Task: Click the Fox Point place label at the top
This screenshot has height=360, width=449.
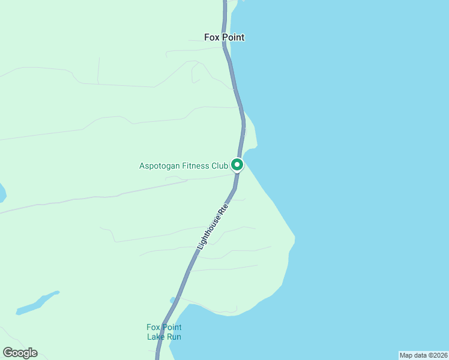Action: [x=224, y=37]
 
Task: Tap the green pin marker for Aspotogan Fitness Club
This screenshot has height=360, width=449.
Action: [x=237, y=164]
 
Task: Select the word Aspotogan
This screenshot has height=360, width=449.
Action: [x=160, y=166]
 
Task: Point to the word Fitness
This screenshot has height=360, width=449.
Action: [x=196, y=166]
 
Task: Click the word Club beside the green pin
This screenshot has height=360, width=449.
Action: [x=220, y=166]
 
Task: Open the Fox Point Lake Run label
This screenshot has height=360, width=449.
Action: [x=164, y=332]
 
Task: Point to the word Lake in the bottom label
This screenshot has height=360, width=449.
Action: [x=156, y=337]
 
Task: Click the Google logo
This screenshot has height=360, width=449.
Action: [x=20, y=353]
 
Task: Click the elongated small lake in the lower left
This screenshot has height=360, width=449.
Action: [x=37, y=303]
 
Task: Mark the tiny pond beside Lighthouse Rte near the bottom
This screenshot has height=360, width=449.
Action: [x=173, y=300]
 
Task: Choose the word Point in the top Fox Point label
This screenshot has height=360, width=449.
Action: [x=232, y=37]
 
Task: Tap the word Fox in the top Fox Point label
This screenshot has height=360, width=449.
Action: [x=212, y=37]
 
